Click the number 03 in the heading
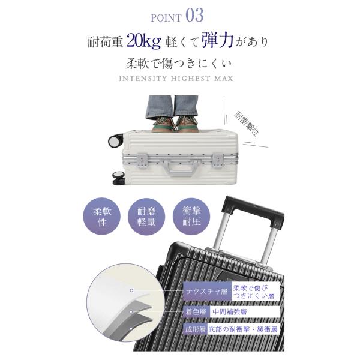pos(194,16)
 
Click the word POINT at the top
pos(166,18)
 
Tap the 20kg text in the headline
pos(144,41)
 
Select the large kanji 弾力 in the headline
pos(218,40)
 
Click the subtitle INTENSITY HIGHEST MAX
pos(176,79)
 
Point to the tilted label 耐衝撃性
pos(247,124)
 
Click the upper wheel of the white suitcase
pos(115,141)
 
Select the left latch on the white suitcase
pos(143,160)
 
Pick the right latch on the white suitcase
pos(217,160)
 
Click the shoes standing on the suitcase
pos(175,124)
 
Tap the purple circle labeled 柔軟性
pos(102,216)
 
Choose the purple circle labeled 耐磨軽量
pos(146,216)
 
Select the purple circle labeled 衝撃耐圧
pos(191,216)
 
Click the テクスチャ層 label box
pos(207,292)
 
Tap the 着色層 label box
pos(196,312)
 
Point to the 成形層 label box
pos(195,329)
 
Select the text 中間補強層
pos(230,312)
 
